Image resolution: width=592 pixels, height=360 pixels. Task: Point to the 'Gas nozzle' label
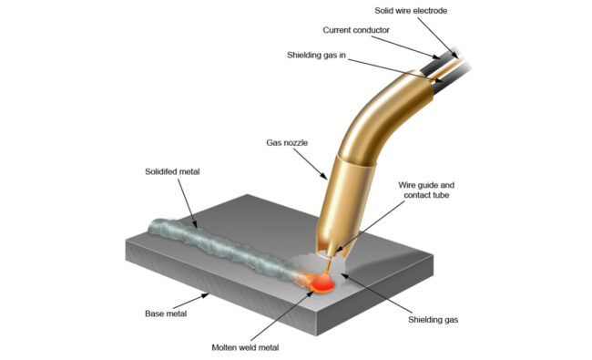(x=286, y=143)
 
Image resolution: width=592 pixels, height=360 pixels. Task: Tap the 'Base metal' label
(x=168, y=313)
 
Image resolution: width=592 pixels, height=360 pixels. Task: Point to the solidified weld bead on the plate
(x=219, y=243)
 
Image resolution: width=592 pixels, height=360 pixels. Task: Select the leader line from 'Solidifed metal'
(x=185, y=197)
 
